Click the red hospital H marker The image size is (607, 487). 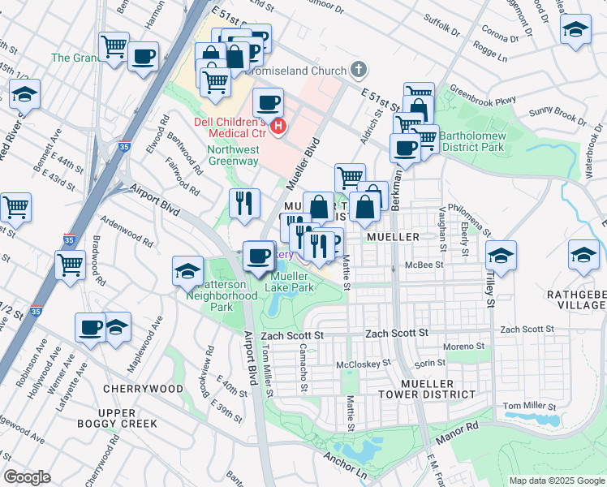279,127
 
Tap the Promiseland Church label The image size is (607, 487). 300,70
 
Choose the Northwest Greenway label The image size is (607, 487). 233,155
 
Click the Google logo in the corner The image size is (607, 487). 28,477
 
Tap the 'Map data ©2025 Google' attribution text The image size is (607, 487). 556,481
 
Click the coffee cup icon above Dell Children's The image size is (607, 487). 267,103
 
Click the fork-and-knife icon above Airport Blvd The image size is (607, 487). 244,203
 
